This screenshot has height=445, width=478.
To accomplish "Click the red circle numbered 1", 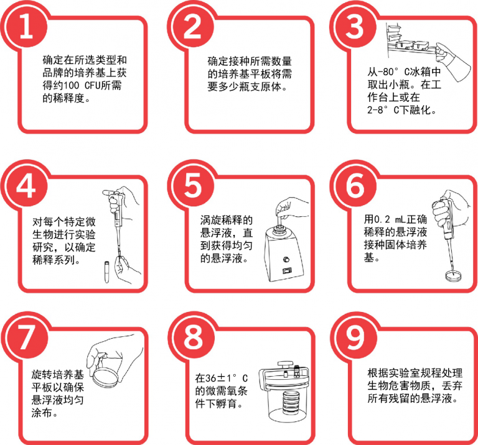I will (x=26, y=28).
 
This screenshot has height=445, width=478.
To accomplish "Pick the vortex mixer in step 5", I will (x=283, y=252).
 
